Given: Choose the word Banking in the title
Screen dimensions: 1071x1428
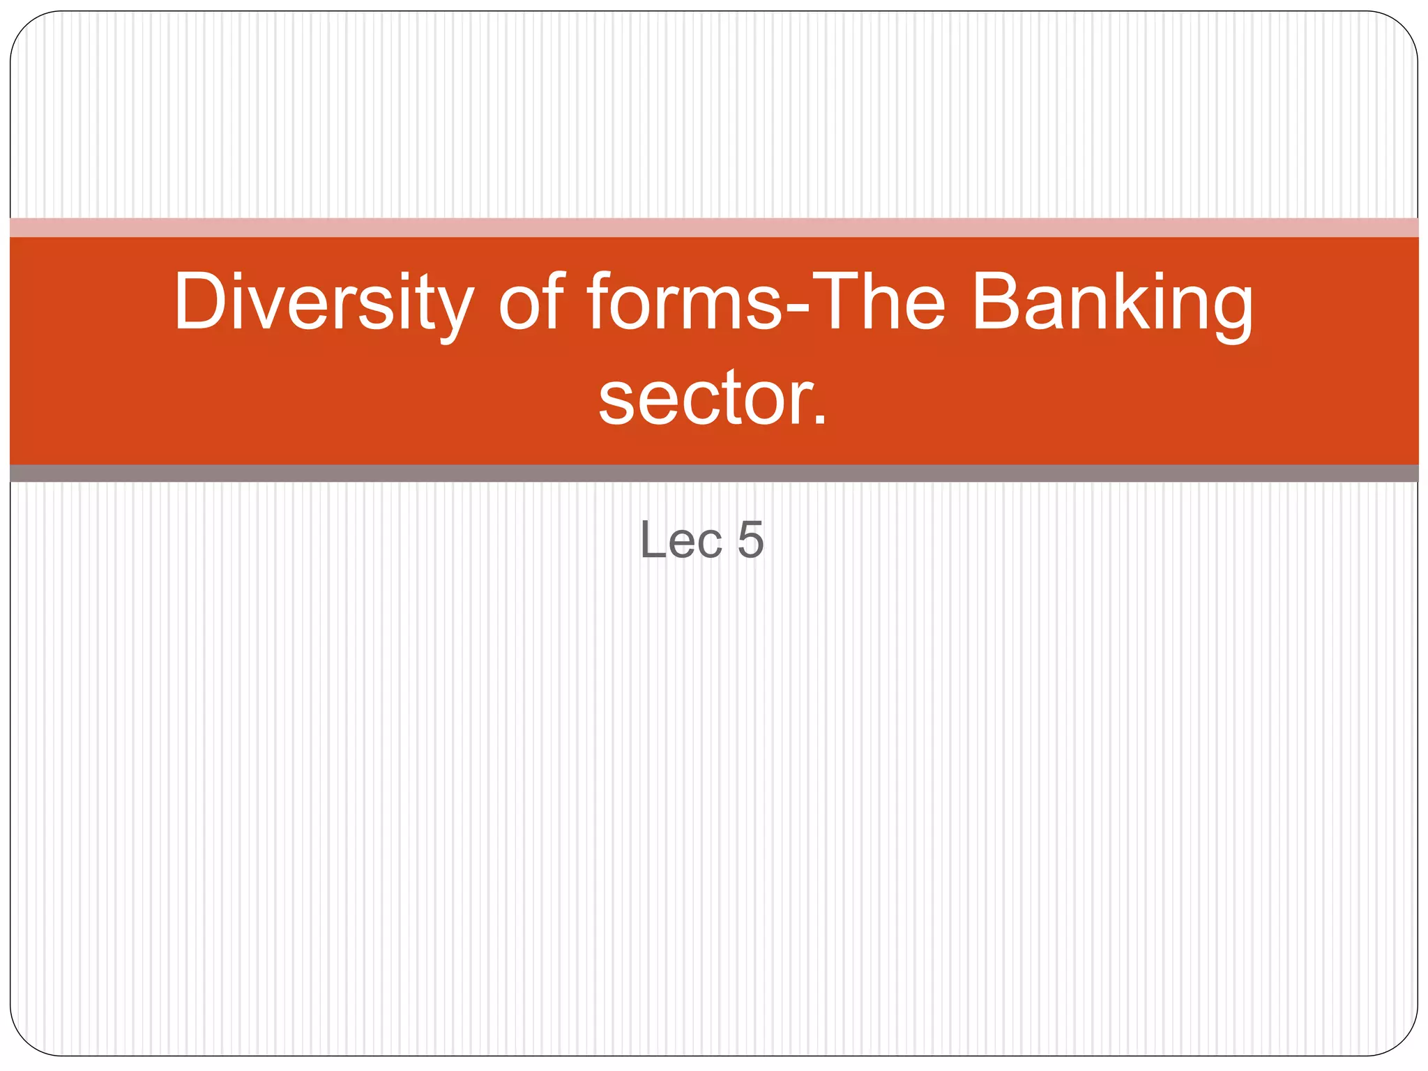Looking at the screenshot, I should coord(1111,303).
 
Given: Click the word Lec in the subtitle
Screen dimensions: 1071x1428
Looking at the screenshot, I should coord(681,540).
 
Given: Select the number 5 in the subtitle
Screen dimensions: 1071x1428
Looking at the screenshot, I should coord(750,540).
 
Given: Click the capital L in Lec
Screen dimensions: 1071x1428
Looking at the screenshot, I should coord(651,540).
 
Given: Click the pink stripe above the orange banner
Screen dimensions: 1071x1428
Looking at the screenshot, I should coord(714,228).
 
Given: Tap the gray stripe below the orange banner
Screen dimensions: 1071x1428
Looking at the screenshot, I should coord(714,473).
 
